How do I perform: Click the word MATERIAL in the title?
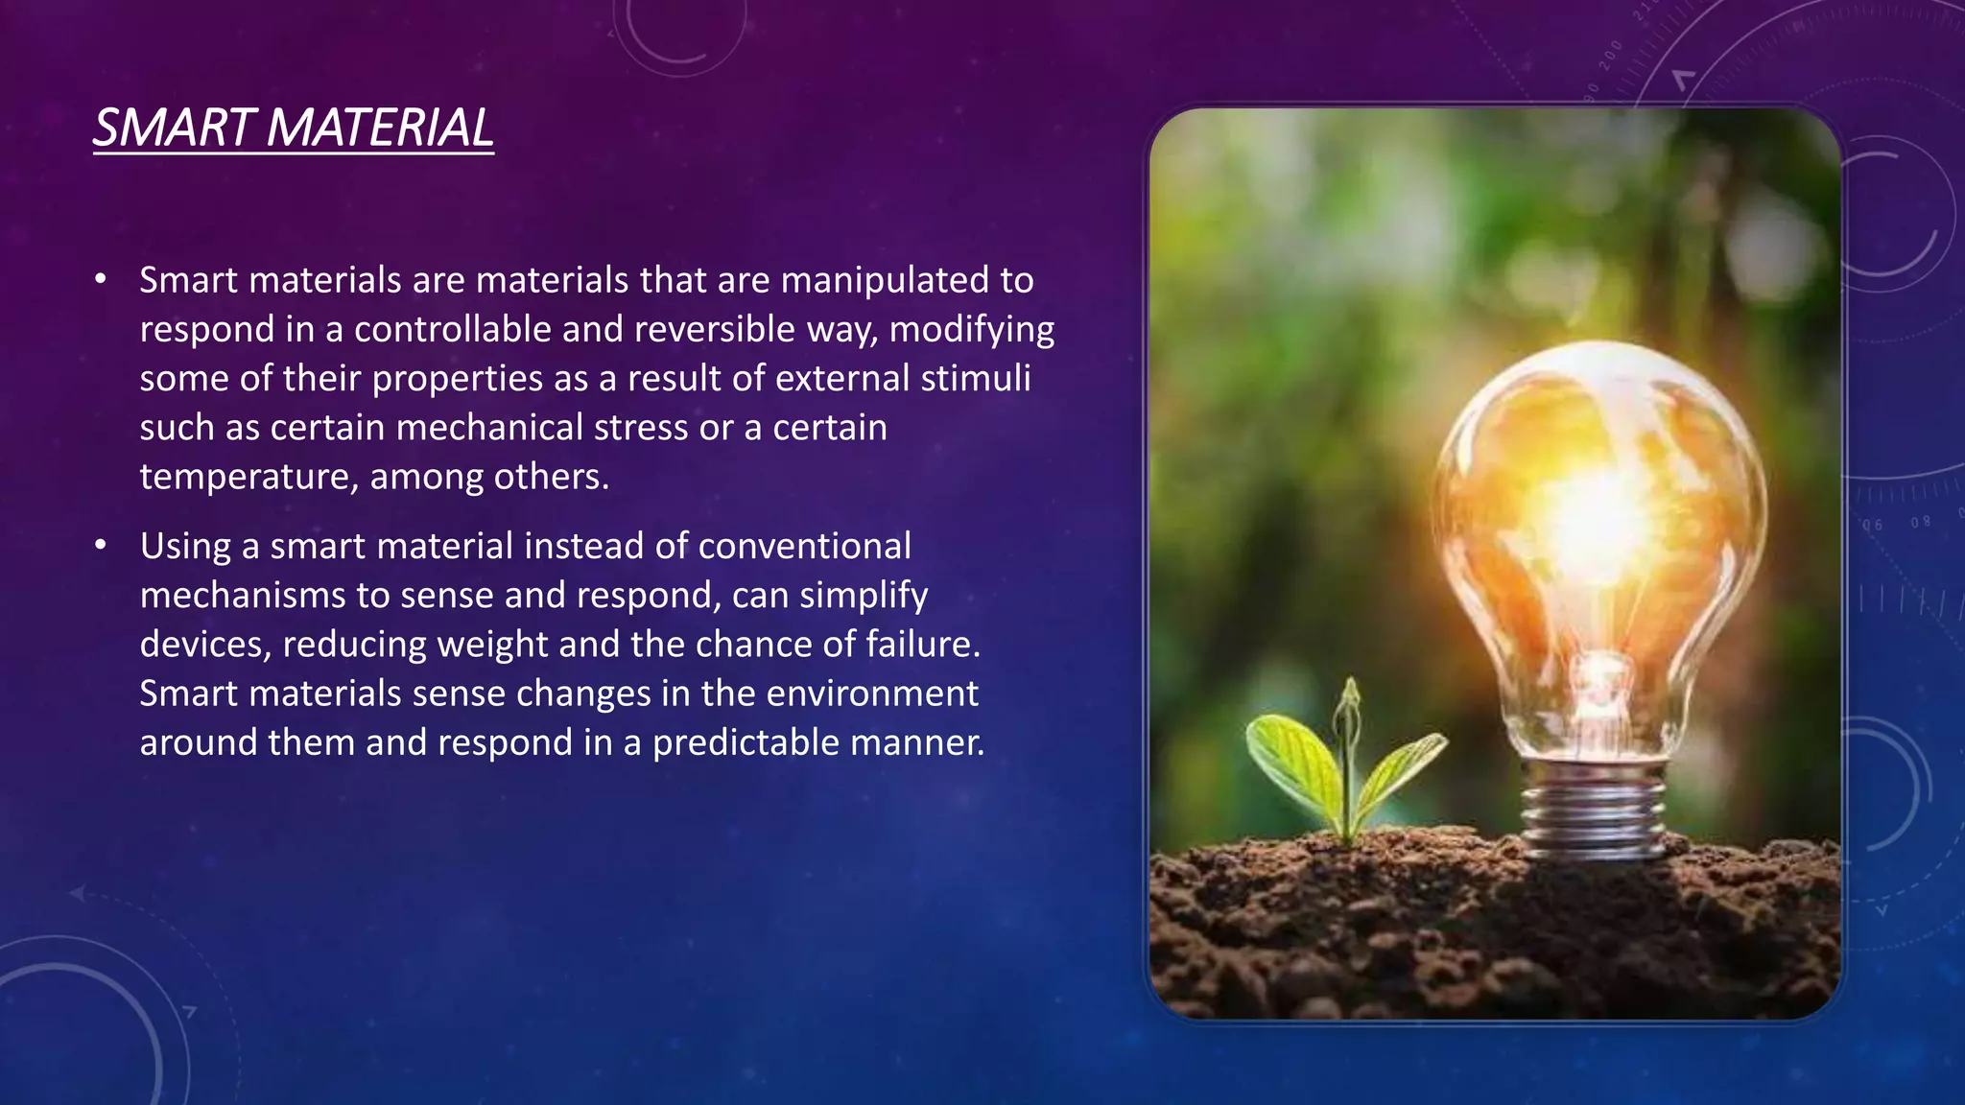[x=380, y=128]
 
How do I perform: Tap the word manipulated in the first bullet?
[x=885, y=280]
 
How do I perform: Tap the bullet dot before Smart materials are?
[x=101, y=280]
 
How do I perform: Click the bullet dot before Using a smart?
[x=101, y=546]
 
